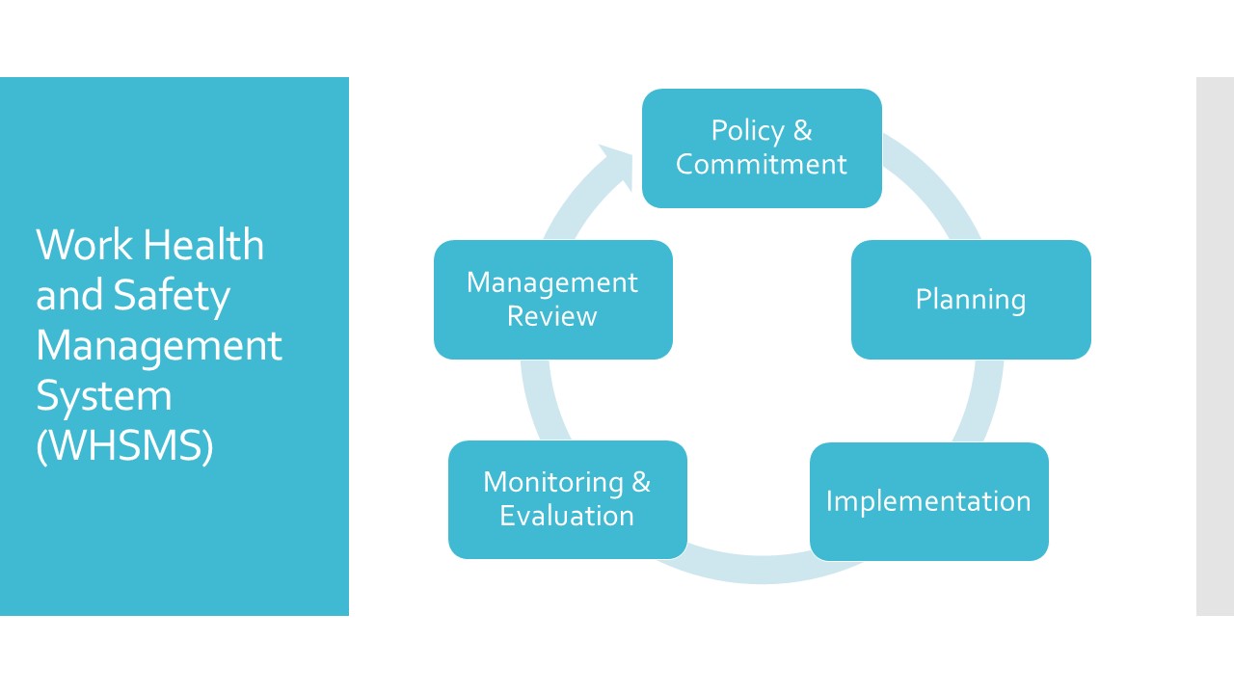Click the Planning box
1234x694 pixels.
971,300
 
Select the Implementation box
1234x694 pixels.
928,501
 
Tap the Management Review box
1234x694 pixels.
552,300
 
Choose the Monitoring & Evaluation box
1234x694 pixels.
567,499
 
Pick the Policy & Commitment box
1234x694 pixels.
762,147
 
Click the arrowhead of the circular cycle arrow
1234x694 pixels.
615,163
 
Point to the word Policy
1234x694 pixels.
747,130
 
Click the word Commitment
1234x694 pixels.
762,164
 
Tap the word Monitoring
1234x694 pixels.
552,482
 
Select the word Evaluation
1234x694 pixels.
567,516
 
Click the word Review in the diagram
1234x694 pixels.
552,316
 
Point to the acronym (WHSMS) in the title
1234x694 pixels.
124,446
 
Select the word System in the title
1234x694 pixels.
103,396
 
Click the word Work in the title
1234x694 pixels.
82,245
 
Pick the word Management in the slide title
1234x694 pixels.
159,345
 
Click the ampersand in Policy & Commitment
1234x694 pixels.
802,130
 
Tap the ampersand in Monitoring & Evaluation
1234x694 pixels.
641,482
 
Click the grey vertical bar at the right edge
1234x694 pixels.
1215,346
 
